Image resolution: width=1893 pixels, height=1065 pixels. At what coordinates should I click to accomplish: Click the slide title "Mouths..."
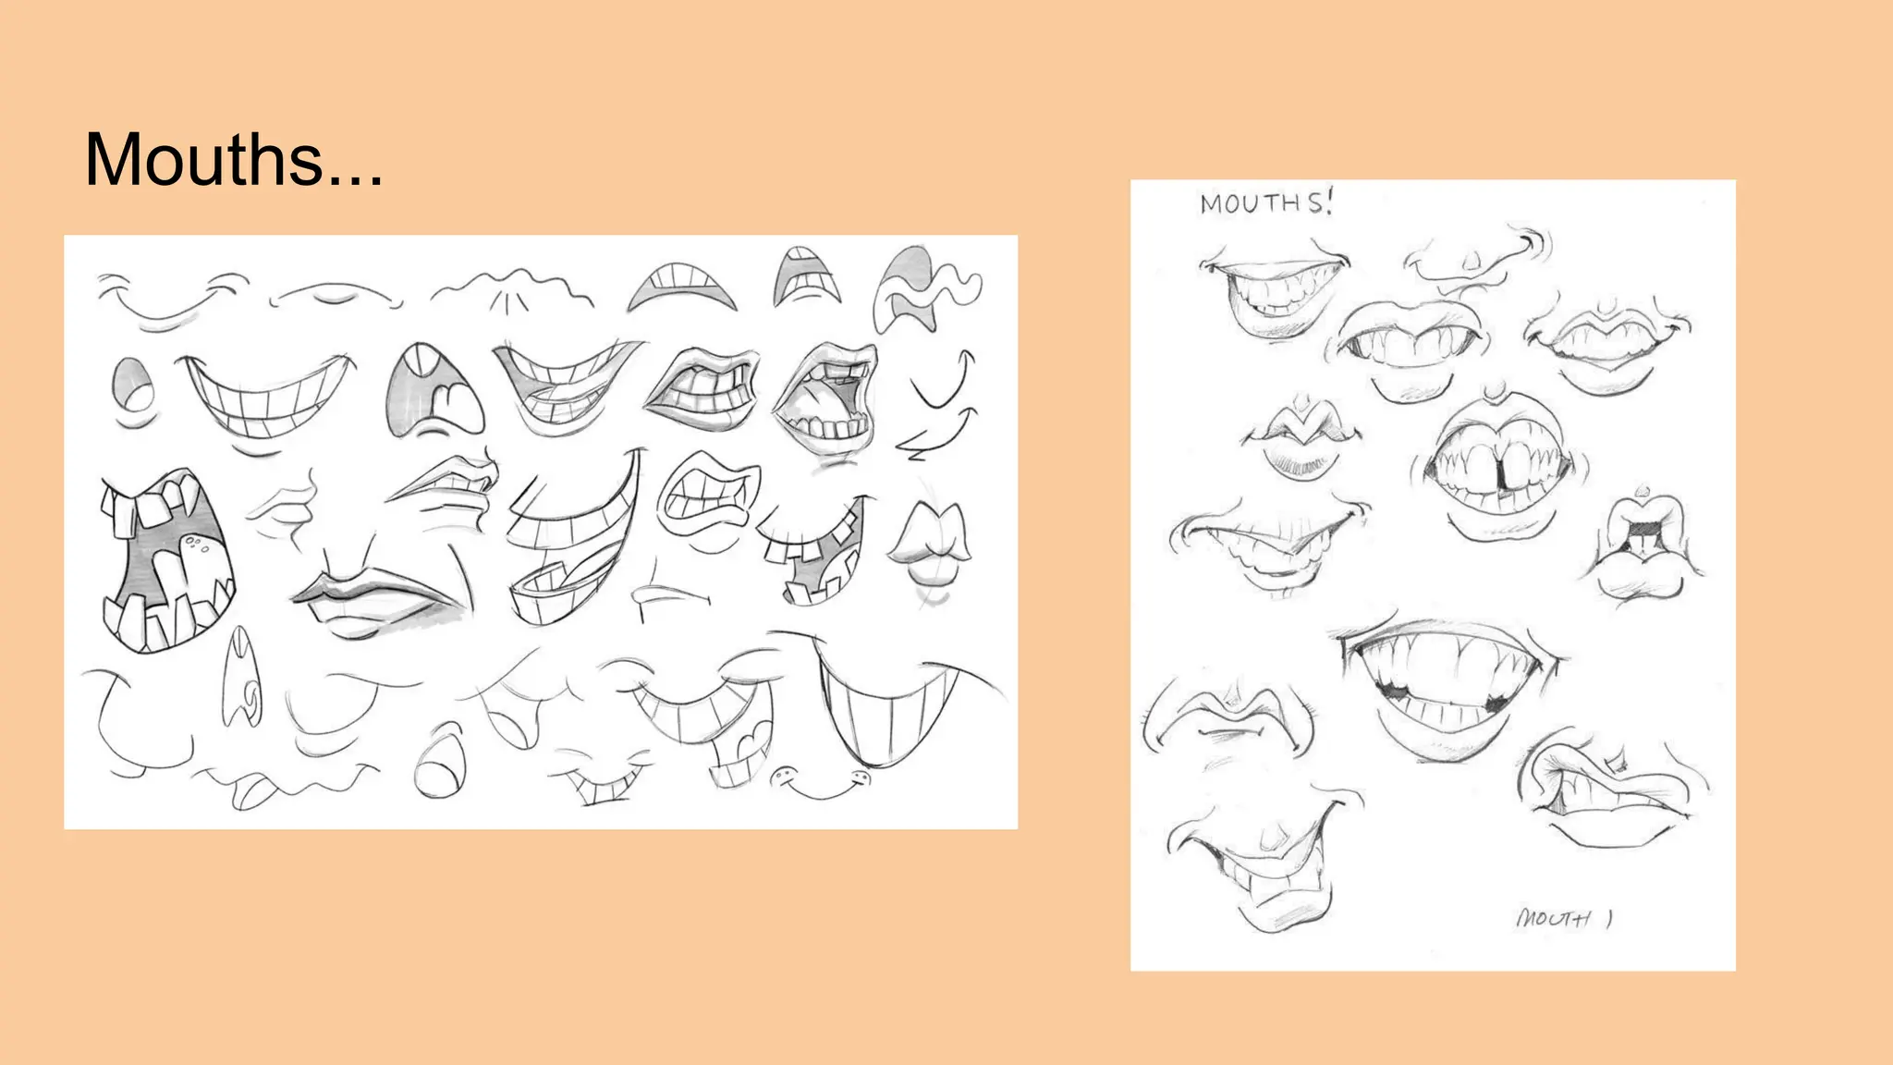pyautogui.click(x=233, y=160)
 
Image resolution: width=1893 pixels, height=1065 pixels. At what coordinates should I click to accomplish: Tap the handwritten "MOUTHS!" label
pyautogui.click(x=1265, y=202)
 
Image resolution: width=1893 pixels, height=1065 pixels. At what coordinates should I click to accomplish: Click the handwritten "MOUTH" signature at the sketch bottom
pyautogui.click(x=1562, y=918)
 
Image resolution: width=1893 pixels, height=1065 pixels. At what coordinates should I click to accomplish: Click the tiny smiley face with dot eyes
pyautogui.click(x=821, y=784)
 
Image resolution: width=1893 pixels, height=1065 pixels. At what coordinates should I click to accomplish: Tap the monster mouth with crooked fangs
pyautogui.click(x=166, y=560)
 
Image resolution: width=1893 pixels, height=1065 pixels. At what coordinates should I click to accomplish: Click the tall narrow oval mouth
pyautogui.click(x=243, y=675)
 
